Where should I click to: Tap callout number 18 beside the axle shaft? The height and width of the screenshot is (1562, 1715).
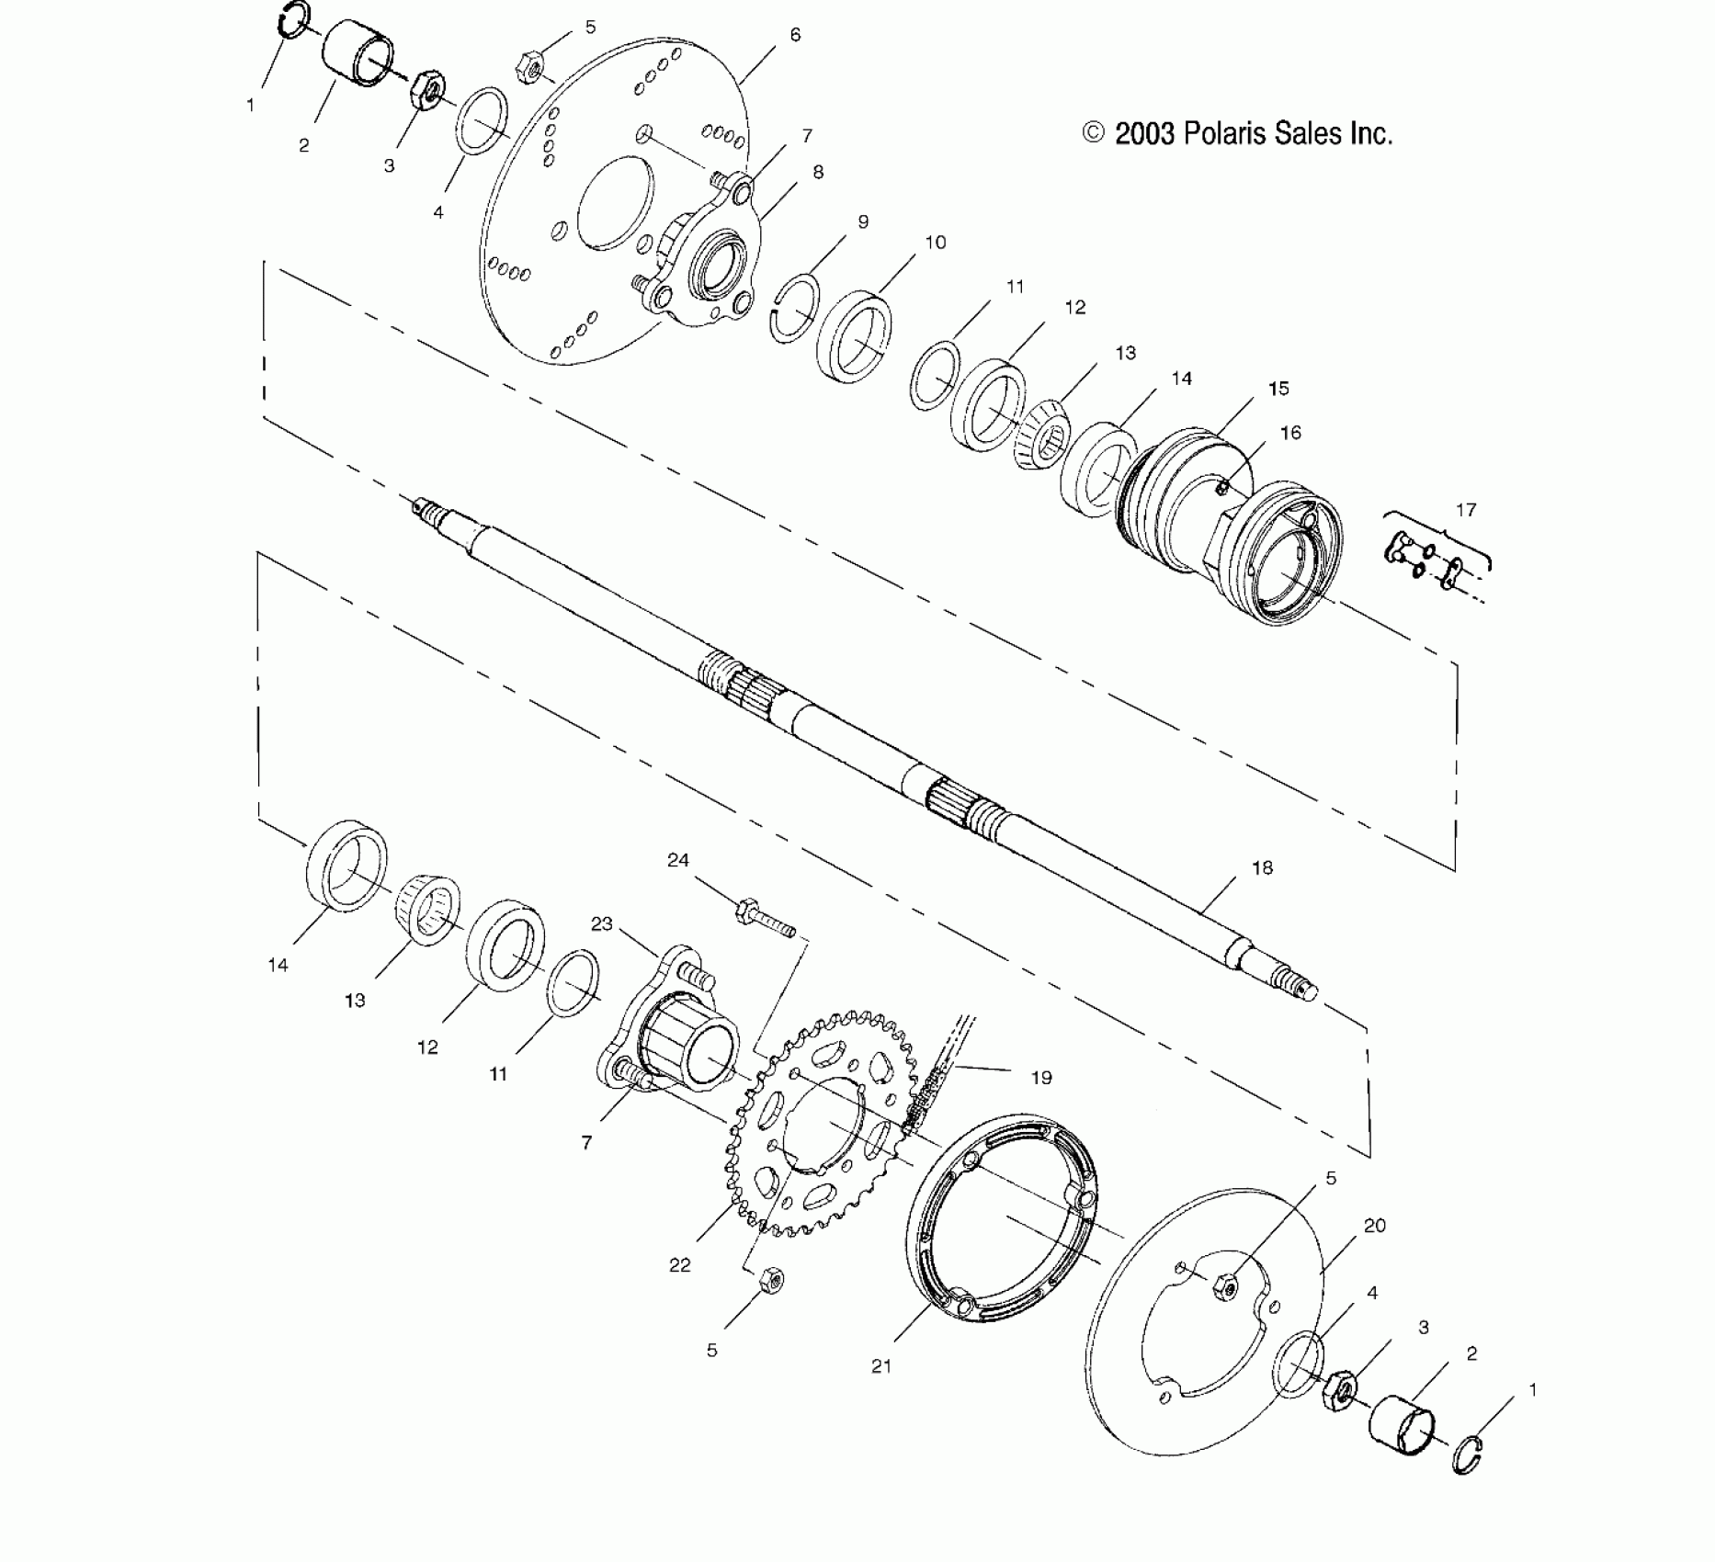click(x=1262, y=867)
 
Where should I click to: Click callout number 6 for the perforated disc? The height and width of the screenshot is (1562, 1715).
click(x=795, y=35)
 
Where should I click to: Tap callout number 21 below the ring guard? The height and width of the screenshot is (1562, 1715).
click(x=881, y=1366)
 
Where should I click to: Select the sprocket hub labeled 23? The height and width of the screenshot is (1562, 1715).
click(x=675, y=1027)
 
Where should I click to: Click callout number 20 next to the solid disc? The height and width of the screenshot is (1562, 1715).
click(x=1375, y=1226)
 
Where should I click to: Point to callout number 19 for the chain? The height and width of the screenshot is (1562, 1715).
click(x=1041, y=1077)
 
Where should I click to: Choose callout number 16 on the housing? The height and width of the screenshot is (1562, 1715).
click(x=1290, y=433)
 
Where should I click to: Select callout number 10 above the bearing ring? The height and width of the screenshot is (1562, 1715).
click(x=935, y=243)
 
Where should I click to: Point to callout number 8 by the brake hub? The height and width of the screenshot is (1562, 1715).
click(x=817, y=172)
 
